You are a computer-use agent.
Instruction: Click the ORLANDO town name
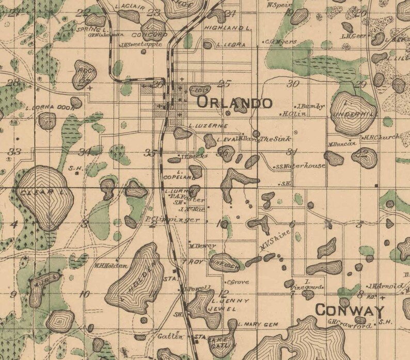234,102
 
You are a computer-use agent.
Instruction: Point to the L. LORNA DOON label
50,108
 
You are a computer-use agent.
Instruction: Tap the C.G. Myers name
281,42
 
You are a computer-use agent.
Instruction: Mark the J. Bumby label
310,106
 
